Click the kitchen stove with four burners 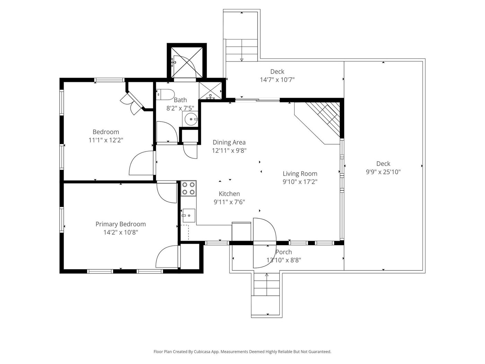pyautogui.click(x=188, y=188)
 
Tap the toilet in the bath pyautogui.click(x=165, y=94)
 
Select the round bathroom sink pyautogui.click(x=191, y=119)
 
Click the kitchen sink pyautogui.click(x=188, y=215)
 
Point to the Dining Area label pyautogui.click(x=229, y=142)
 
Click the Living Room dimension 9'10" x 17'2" pyautogui.click(x=300, y=182)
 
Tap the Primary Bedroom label pyautogui.click(x=121, y=224)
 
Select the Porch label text pyautogui.click(x=284, y=252)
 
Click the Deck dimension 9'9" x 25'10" pyautogui.click(x=383, y=172)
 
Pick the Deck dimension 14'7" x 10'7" pyautogui.click(x=277, y=80)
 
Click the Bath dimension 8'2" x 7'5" pyautogui.click(x=180, y=108)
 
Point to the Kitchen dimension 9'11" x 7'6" pyautogui.click(x=229, y=202)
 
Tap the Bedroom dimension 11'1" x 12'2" pyautogui.click(x=106, y=140)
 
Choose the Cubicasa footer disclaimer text pyautogui.click(x=242, y=352)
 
